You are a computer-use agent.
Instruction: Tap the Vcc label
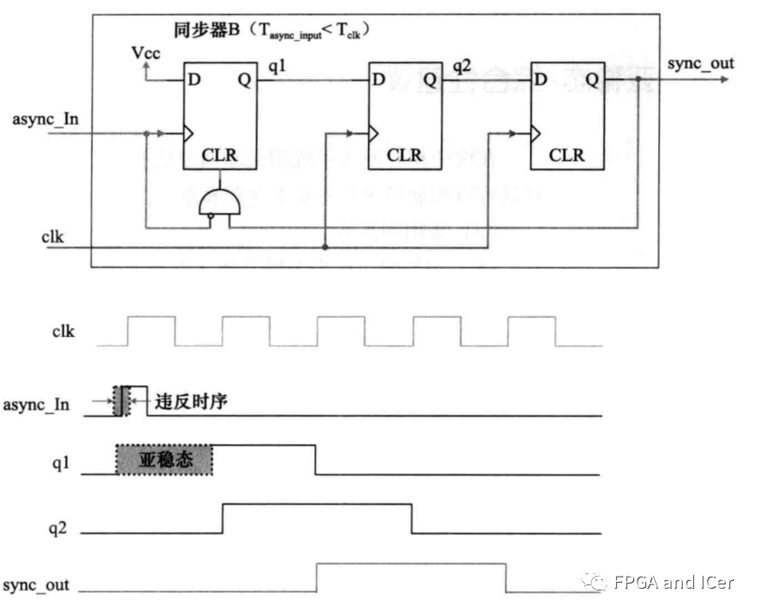(x=146, y=55)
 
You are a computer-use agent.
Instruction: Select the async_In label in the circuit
(x=45, y=118)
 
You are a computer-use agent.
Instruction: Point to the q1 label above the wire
(x=277, y=65)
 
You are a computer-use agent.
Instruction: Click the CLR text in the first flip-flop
(x=219, y=155)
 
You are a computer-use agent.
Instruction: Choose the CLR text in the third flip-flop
(x=567, y=155)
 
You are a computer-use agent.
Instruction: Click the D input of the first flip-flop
(x=195, y=81)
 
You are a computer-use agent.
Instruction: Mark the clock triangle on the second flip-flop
(x=373, y=134)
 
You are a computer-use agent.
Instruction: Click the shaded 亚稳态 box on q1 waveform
(x=165, y=460)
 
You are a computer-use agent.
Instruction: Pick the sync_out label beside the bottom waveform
(x=36, y=585)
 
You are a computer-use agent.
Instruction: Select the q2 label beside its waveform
(x=57, y=528)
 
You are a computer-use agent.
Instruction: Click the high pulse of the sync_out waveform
(x=411, y=565)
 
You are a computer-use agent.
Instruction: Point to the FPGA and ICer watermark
(x=658, y=582)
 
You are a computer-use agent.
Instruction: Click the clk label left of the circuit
(x=51, y=236)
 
